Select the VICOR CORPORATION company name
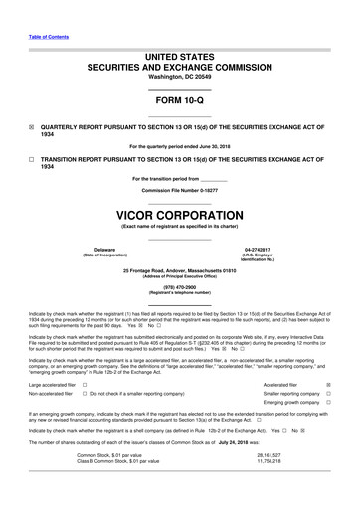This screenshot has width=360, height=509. point(179,213)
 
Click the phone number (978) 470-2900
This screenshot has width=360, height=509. point(179,286)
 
